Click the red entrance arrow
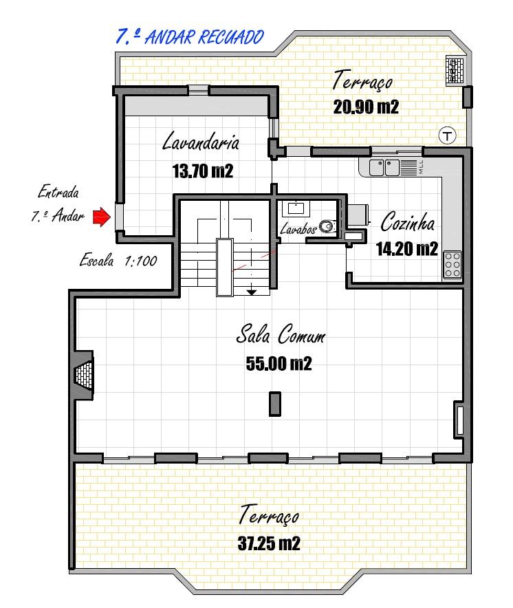click(102, 217)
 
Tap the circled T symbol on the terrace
click(447, 135)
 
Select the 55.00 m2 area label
click(279, 364)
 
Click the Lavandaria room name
click(201, 141)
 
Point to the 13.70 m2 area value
click(203, 171)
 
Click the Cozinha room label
click(407, 221)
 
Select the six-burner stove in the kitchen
click(452, 265)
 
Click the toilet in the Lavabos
click(327, 226)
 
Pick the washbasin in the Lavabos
click(296, 208)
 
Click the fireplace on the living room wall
click(84, 375)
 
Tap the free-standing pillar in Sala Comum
click(275, 404)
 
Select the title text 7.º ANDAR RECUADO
click(190, 37)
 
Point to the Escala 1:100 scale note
click(118, 260)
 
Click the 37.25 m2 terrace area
click(269, 543)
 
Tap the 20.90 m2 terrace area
click(366, 107)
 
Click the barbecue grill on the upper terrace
click(455, 70)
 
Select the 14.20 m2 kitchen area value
click(407, 249)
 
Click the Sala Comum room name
click(281, 334)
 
